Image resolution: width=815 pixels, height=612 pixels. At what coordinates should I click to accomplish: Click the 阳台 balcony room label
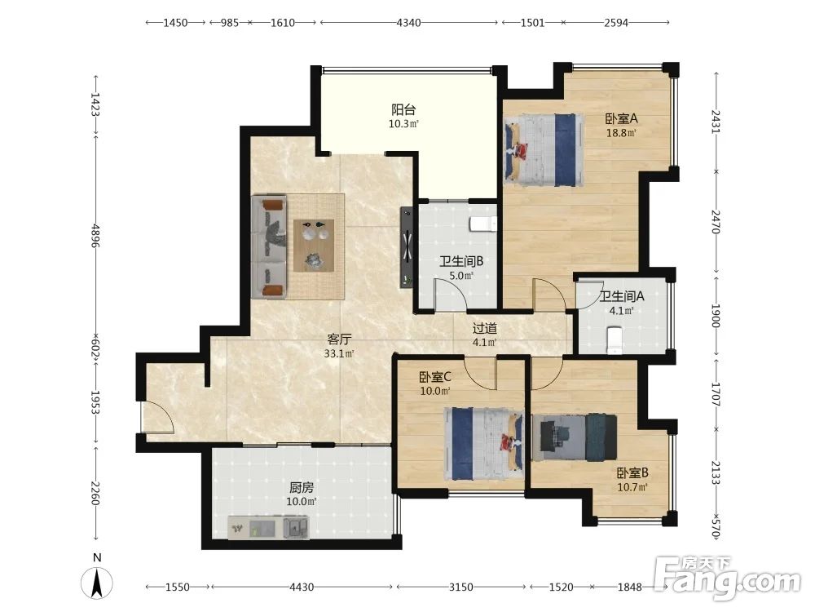pos(403,110)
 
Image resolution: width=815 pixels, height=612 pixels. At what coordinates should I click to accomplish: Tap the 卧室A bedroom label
pos(621,118)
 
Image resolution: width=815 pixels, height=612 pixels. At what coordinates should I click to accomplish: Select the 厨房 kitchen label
pos(302,488)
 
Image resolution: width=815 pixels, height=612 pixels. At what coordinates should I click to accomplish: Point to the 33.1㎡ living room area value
pos(339,354)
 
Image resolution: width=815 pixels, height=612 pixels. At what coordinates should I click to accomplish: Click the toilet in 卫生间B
pos(483,224)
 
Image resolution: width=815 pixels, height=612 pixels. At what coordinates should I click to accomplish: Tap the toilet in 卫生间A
pos(615,339)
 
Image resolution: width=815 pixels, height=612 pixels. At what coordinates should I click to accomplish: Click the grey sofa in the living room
pos(269,246)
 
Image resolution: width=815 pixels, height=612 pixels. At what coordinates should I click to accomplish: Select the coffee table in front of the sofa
pos(314,245)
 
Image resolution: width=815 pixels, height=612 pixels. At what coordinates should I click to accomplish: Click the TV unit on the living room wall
pos(407,246)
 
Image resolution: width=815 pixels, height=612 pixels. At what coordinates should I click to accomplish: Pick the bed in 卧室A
pos(543,150)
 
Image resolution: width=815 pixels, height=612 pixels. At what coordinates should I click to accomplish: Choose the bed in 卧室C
pos(484,443)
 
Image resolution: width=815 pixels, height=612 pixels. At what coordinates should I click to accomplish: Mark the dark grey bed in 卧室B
pos(575,437)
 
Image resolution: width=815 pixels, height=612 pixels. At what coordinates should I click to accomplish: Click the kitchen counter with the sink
pos(269,527)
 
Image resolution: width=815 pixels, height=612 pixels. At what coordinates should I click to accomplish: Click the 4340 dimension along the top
pos(408,22)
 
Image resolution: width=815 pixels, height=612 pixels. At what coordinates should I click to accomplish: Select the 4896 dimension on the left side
pos(95,235)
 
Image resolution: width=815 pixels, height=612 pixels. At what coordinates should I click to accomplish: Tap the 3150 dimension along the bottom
pos(460,587)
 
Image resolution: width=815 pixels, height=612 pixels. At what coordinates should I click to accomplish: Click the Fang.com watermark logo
pos(727,579)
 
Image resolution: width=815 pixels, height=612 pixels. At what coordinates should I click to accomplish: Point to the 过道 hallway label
pos(484,328)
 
